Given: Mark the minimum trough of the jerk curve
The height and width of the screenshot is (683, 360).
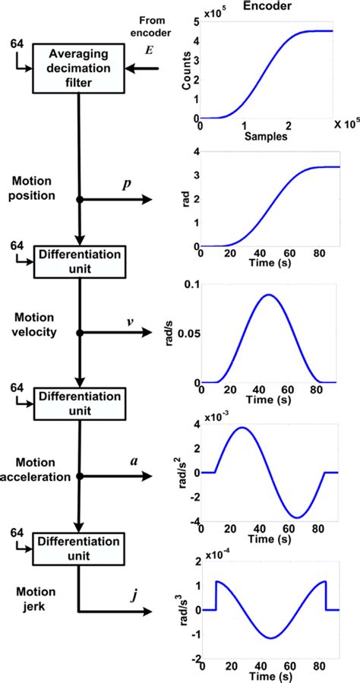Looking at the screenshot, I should coord(268,637).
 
